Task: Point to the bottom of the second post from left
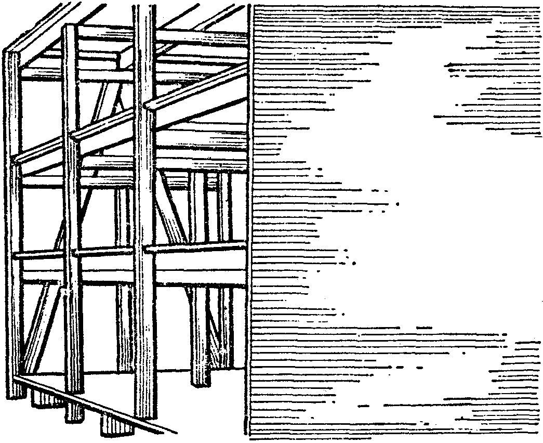point(73,387)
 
